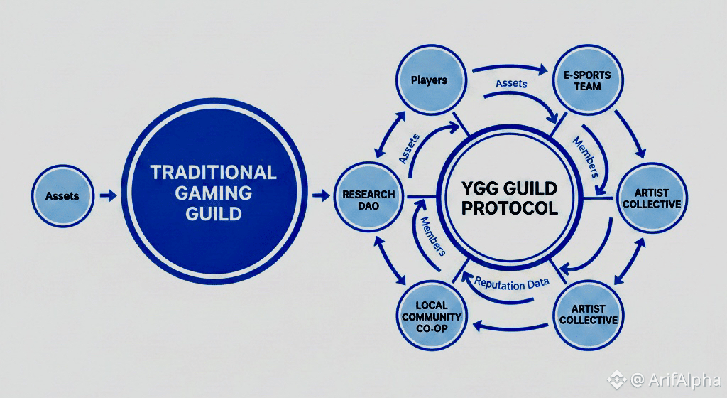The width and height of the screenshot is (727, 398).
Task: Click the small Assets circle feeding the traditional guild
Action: click(62, 196)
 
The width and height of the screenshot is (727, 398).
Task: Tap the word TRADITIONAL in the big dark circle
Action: click(213, 171)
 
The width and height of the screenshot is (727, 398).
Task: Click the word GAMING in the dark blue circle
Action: click(213, 193)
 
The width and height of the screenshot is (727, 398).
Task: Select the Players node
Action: click(430, 80)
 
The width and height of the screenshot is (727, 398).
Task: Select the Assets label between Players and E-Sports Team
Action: click(511, 84)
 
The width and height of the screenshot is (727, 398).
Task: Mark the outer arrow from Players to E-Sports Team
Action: click(508, 69)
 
